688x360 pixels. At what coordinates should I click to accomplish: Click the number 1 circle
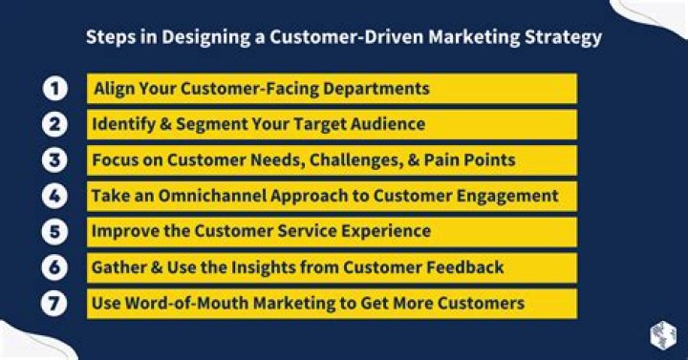54,89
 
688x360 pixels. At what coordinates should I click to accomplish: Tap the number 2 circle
54,124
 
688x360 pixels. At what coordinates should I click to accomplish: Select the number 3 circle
54,159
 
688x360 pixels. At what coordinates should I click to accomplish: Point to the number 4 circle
54,196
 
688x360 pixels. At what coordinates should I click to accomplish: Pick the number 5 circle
54,231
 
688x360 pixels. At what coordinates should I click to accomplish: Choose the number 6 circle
54,267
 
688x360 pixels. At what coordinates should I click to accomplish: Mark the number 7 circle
54,303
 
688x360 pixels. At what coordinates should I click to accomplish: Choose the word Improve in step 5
124,231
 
